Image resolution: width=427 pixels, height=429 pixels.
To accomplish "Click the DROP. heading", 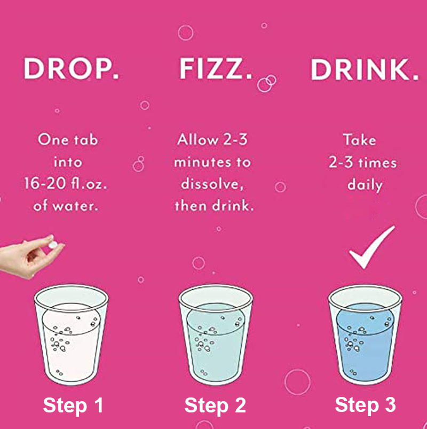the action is [x=72, y=68].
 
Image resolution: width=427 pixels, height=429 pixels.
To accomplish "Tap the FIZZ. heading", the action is [x=216, y=68].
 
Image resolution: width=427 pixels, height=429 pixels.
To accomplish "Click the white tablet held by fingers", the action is [x=53, y=245].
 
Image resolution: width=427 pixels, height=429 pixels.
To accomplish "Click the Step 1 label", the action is [x=73, y=405].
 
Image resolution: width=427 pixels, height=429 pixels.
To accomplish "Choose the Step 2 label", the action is [x=215, y=405].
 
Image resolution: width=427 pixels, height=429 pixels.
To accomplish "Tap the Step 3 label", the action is [x=365, y=404].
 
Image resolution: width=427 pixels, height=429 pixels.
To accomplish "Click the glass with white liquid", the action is [x=71, y=334].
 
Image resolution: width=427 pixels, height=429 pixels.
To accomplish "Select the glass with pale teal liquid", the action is [x=216, y=334].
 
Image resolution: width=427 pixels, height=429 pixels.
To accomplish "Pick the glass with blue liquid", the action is [x=365, y=334].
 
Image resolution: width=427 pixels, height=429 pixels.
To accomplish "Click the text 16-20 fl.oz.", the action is [x=65, y=183].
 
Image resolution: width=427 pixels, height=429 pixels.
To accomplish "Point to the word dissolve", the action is [x=212, y=184].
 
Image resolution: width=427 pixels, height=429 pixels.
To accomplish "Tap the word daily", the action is [x=365, y=185].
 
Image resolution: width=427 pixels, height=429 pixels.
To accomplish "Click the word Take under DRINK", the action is [x=359, y=140].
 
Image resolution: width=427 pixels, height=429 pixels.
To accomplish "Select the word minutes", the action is [x=202, y=162].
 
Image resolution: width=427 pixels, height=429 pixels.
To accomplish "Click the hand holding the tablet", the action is [x=30, y=257].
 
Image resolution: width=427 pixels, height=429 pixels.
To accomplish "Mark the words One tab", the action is [x=68, y=139].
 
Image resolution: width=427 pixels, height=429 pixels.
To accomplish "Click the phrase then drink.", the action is [x=215, y=206].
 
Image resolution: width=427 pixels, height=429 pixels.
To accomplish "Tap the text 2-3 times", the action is [x=362, y=162].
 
